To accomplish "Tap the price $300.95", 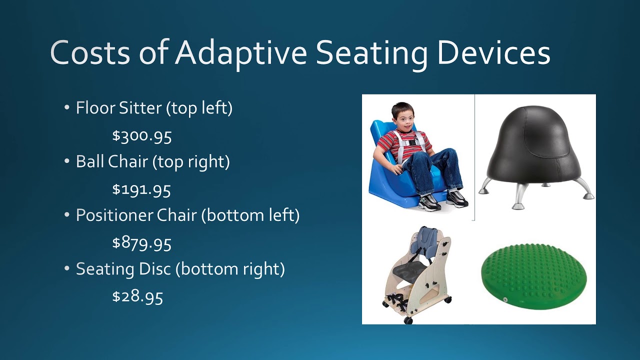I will (x=142, y=136).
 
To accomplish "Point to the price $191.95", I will (x=141, y=189).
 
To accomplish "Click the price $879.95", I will (x=142, y=243).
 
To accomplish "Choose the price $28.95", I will (x=137, y=297).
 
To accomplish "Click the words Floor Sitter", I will (x=118, y=108).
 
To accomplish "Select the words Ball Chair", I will (x=112, y=162).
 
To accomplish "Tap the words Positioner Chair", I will (x=135, y=215).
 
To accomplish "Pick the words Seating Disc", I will (x=123, y=269).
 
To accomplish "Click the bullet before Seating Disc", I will (x=67, y=269).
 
